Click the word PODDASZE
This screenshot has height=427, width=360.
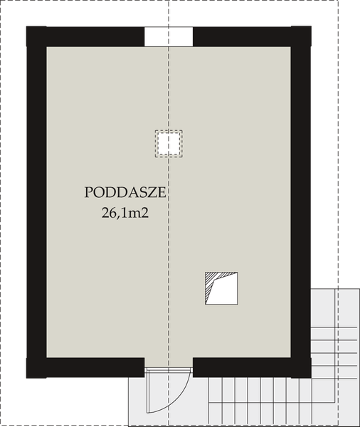pos(125,193)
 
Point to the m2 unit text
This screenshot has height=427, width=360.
pos(139,211)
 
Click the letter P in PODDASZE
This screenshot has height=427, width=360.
pos(89,193)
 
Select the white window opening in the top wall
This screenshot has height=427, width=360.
pos(168,36)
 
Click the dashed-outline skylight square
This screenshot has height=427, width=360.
pos(169,143)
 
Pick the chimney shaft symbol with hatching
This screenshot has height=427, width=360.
pos(220,289)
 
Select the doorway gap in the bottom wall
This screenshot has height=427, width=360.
pos(168,367)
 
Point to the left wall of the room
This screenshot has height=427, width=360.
pos(36,199)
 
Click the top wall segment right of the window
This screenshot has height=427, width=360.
pos(249,36)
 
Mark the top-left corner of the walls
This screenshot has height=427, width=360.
pos(36,36)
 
